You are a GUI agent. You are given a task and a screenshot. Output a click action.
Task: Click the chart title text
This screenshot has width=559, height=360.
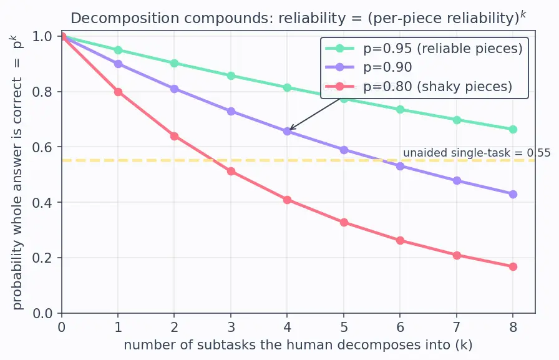298,17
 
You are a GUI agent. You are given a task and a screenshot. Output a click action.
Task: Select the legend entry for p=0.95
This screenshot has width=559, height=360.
424,49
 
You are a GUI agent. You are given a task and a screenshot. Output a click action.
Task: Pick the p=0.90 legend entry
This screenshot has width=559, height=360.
369,67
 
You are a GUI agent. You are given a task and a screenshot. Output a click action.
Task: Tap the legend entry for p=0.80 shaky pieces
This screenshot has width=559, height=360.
419,86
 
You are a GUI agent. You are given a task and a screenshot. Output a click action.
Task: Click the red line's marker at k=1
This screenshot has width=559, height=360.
118,92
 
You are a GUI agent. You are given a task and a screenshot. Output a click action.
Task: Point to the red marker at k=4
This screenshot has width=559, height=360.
288,200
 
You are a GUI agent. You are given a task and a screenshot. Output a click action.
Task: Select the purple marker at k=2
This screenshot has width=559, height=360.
174,89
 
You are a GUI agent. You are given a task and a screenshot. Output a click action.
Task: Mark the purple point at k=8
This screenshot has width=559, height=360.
513,194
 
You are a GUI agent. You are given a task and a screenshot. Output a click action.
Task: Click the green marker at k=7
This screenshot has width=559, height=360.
457,120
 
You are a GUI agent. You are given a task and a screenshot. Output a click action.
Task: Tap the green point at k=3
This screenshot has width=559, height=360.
231,75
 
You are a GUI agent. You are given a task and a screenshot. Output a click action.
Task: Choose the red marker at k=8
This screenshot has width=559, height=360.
513,266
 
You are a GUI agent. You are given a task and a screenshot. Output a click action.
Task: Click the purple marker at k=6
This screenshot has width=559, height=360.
401,166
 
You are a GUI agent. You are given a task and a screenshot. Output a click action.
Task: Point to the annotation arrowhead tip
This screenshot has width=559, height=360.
289,130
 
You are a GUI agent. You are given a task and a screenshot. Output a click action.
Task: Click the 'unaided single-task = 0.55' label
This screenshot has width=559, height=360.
477,153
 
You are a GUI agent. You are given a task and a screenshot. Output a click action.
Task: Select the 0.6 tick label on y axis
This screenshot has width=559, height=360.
42,147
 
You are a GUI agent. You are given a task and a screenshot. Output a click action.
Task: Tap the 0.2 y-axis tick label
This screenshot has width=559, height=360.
42,258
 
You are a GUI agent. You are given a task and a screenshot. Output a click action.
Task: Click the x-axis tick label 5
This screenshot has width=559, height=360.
344,327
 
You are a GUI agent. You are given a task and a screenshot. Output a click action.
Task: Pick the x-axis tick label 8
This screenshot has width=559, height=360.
513,327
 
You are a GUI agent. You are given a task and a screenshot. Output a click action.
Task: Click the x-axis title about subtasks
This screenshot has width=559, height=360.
298,345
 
